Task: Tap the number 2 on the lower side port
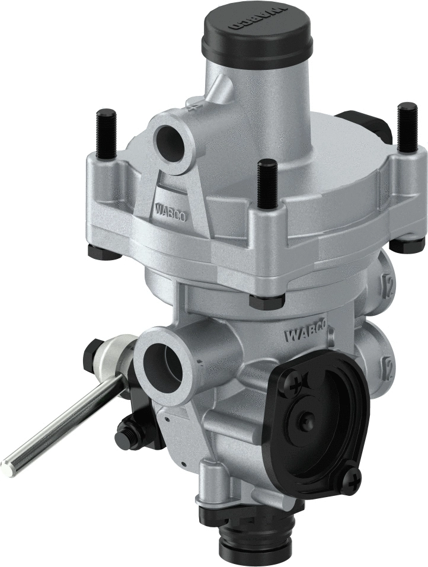(389, 363)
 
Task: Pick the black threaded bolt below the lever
(130, 428)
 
